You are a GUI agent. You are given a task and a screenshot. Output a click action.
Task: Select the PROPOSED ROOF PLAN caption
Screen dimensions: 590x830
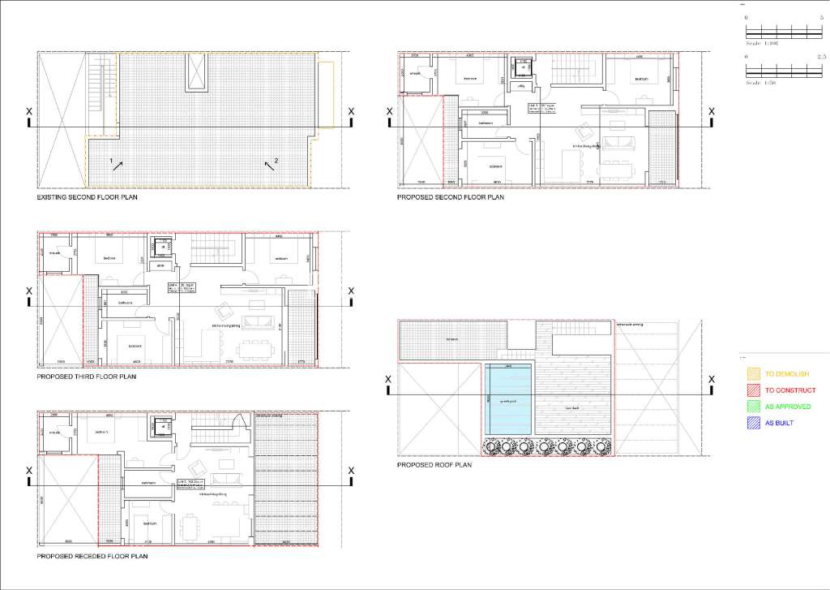(434, 465)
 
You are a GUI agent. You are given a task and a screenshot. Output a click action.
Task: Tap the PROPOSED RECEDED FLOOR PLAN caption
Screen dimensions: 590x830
(92, 557)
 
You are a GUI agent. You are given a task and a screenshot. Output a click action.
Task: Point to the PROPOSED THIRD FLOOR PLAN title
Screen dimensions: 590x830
(87, 377)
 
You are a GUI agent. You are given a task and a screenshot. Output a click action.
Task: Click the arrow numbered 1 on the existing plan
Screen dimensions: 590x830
(118, 165)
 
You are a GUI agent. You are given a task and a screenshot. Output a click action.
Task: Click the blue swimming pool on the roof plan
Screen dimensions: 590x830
(508, 399)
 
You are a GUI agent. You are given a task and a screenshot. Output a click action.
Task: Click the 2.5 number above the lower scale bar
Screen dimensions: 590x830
(819, 58)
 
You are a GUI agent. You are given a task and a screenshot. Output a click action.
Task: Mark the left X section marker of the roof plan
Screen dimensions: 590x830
(388, 380)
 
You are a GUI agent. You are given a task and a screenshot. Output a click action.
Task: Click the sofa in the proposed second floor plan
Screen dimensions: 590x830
(622, 144)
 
